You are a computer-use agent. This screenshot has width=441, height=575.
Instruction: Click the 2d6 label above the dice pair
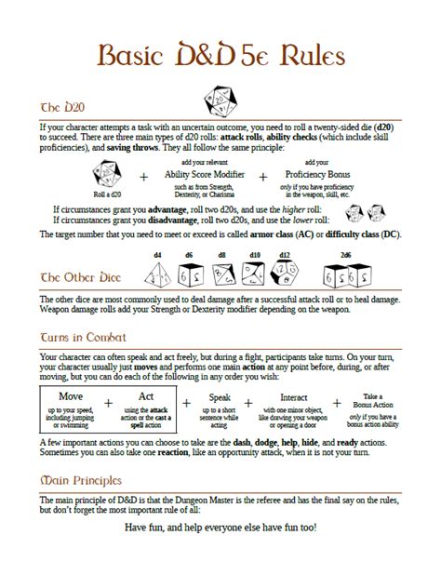(x=345, y=254)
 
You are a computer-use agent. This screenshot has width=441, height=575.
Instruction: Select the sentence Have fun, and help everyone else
(x=220, y=527)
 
